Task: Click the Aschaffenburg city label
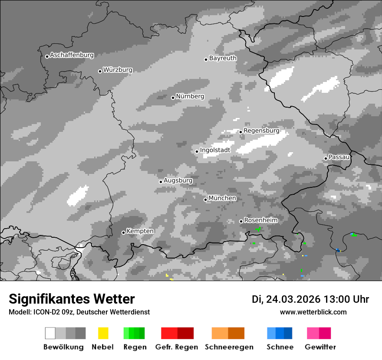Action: (x=72, y=56)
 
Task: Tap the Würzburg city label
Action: (x=118, y=70)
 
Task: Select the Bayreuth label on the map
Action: (x=223, y=58)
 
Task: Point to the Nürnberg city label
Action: (x=190, y=97)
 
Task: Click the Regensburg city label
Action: (x=261, y=131)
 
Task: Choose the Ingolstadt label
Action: (x=215, y=151)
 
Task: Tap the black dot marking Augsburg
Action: (x=161, y=182)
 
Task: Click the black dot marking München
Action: (x=206, y=200)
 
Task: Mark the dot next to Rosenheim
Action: (x=241, y=221)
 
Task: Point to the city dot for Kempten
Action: (x=123, y=232)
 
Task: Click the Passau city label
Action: (x=339, y=157)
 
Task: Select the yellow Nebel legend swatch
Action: (x=103, y=333)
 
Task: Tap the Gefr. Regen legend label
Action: (x=176, y=347)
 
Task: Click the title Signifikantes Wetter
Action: (x=72, y=299)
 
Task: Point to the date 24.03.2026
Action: (x=293, y=299)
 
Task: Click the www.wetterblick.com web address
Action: (x=313, y=312)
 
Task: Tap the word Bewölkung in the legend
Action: (x=63, y=347)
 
